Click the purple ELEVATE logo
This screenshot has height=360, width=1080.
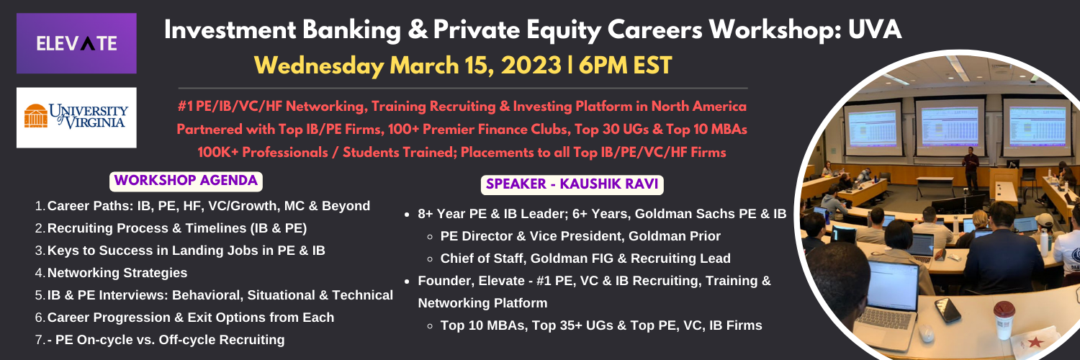point(76,43)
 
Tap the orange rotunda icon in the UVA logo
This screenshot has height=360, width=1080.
point(36,116)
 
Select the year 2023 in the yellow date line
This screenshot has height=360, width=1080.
point(531,66)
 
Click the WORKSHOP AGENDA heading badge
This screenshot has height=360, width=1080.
point(186,181)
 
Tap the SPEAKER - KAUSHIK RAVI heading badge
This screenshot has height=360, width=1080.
point(572,184)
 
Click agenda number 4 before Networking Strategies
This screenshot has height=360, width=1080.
point(40,274)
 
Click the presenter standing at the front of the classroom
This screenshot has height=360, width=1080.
point(970,168)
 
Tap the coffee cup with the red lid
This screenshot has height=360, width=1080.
point(1004,320)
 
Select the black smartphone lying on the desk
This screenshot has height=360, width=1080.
point(948,310)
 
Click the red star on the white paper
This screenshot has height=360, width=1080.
point(1035,343)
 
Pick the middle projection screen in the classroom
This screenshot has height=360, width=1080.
point(949,127)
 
